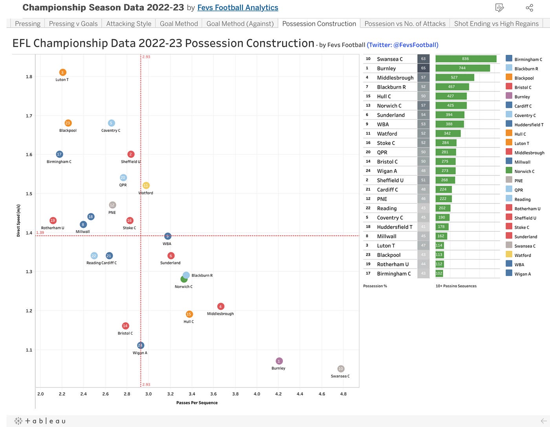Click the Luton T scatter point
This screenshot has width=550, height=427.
coord(62,72)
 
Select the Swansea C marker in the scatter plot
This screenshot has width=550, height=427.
coord(341,369)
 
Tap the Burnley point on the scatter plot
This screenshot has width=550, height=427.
coord(279,361)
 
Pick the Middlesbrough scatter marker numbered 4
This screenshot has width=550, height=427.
coord(220,306)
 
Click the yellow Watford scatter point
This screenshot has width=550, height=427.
coord(146,185)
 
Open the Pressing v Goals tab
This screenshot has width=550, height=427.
coord(73,24)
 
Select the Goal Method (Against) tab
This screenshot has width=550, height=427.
coord(240,24)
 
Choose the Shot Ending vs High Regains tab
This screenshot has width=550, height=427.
coord(496,24)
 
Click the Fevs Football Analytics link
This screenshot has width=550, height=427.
coord(238,7)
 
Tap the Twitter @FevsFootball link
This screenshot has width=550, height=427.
coord(402,45)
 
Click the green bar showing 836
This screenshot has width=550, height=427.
coord(466,59)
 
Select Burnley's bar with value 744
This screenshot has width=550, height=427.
coord(462,68)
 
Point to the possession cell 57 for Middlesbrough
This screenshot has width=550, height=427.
coord(423,77)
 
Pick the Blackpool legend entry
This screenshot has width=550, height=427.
coord(524,78)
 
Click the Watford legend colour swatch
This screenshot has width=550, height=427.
coord(509,255)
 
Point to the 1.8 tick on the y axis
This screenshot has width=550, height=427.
coord(29,76)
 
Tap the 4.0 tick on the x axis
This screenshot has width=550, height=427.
coord(257,394)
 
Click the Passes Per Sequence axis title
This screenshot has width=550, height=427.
coord(197,403)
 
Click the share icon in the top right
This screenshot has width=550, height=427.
coord(529,8)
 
